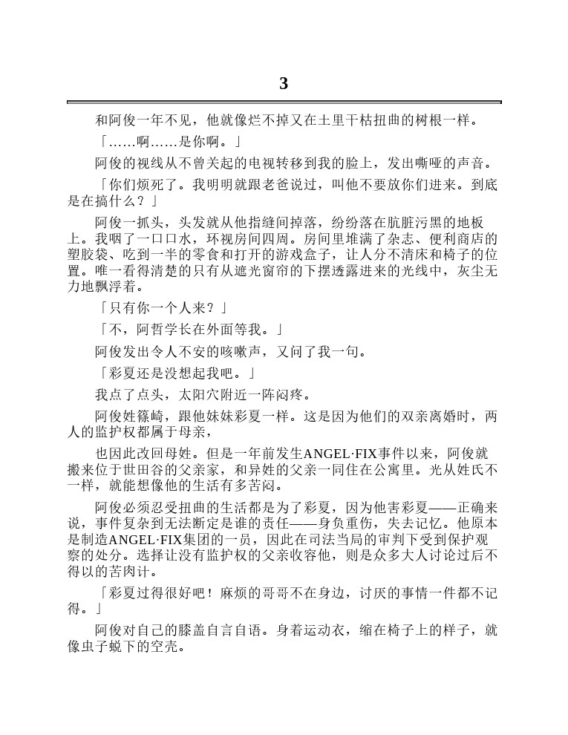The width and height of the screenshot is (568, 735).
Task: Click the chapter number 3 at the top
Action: pyautogui.click(x=284, y=83)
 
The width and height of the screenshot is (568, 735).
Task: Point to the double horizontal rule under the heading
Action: pyautogui.click(x=284, y=102)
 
